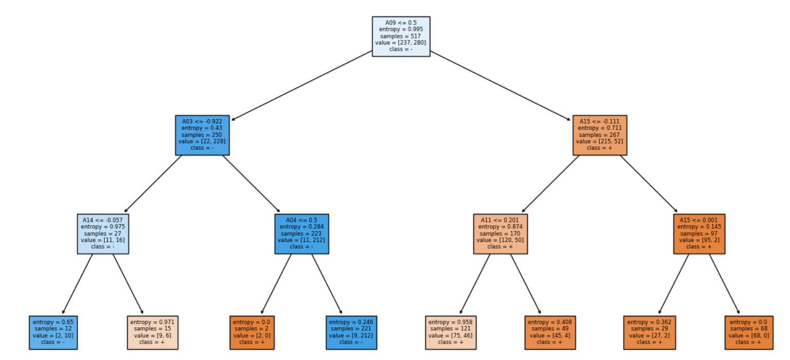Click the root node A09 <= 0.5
(401, 36)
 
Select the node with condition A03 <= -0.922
(202, 135)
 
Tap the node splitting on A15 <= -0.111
(600, 135)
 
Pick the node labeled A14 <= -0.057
(103, 234)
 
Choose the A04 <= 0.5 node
(302, 234)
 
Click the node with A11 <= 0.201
(500, 234)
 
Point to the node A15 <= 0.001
(699, 234)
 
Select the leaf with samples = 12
(53, 332)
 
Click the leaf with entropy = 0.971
(152, 332)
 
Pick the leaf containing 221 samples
(351, 332)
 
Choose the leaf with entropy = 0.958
(450, 332)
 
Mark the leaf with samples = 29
(649, 332)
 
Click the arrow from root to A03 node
(302, 85)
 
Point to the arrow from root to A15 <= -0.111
(500, 85)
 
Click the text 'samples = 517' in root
(401, 36)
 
